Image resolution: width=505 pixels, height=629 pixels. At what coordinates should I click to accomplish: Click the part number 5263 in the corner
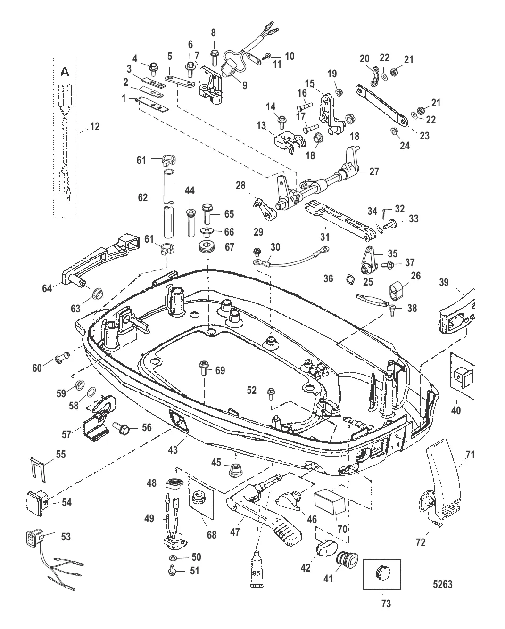tap(442, 584)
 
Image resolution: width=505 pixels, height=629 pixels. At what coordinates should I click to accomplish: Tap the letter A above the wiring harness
tap(65, 72)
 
